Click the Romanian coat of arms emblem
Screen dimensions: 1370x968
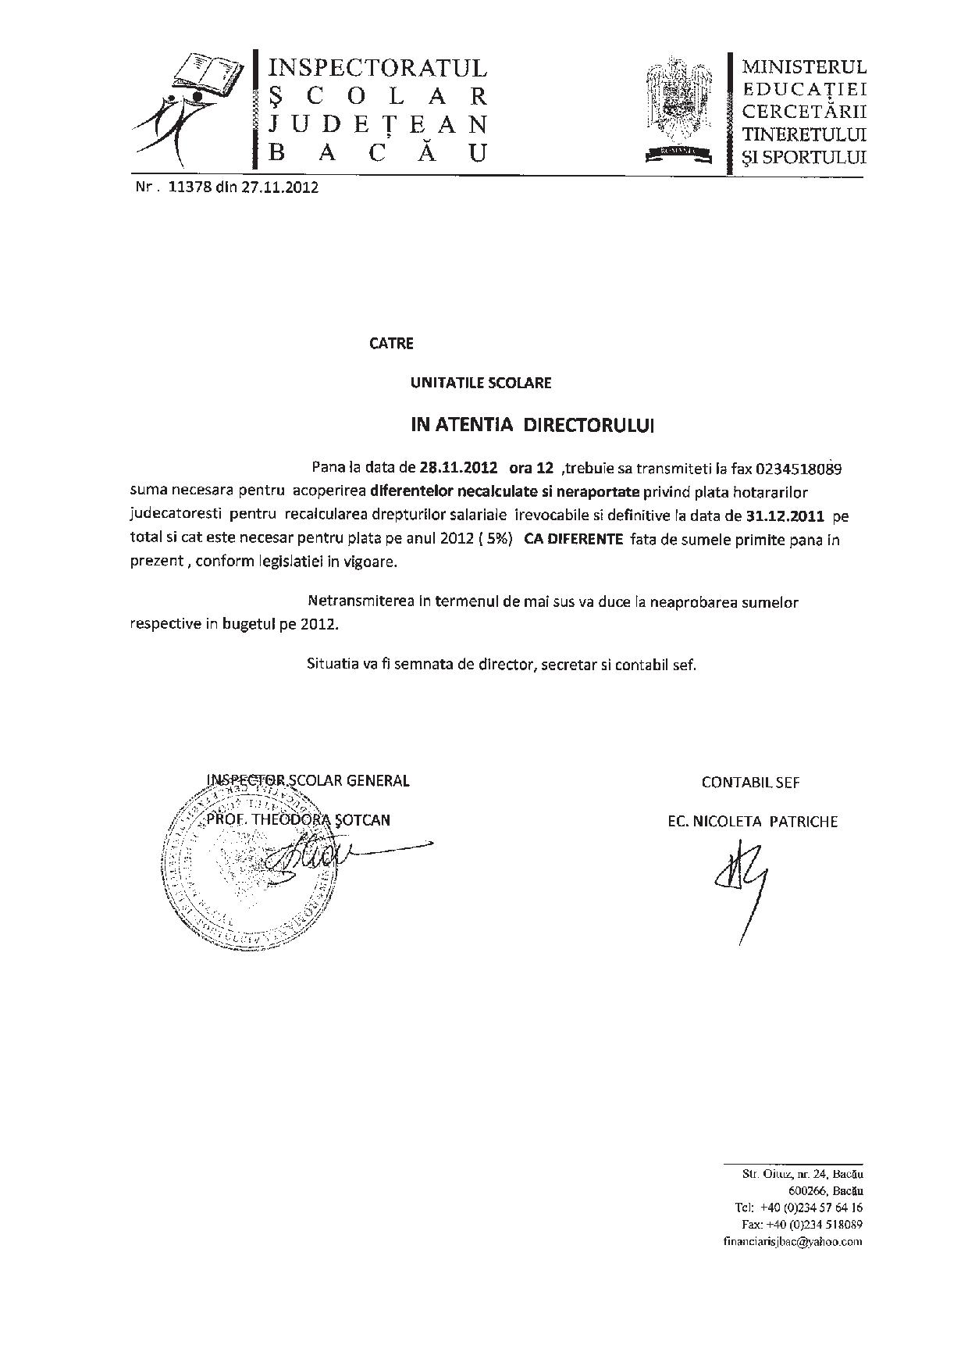[x=679, y=109]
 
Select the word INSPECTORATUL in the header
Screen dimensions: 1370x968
[x=378, y=68]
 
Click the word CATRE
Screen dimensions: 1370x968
[x=391, y=343]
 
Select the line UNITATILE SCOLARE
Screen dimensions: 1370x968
[x=481, y=383]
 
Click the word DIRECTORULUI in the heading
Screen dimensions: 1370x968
[x=588, y=425]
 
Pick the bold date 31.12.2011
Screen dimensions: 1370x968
[x=786, y=516]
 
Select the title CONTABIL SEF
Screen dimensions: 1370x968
[x=750, y=782]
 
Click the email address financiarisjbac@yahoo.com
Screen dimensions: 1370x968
[x=792, y=1241]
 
